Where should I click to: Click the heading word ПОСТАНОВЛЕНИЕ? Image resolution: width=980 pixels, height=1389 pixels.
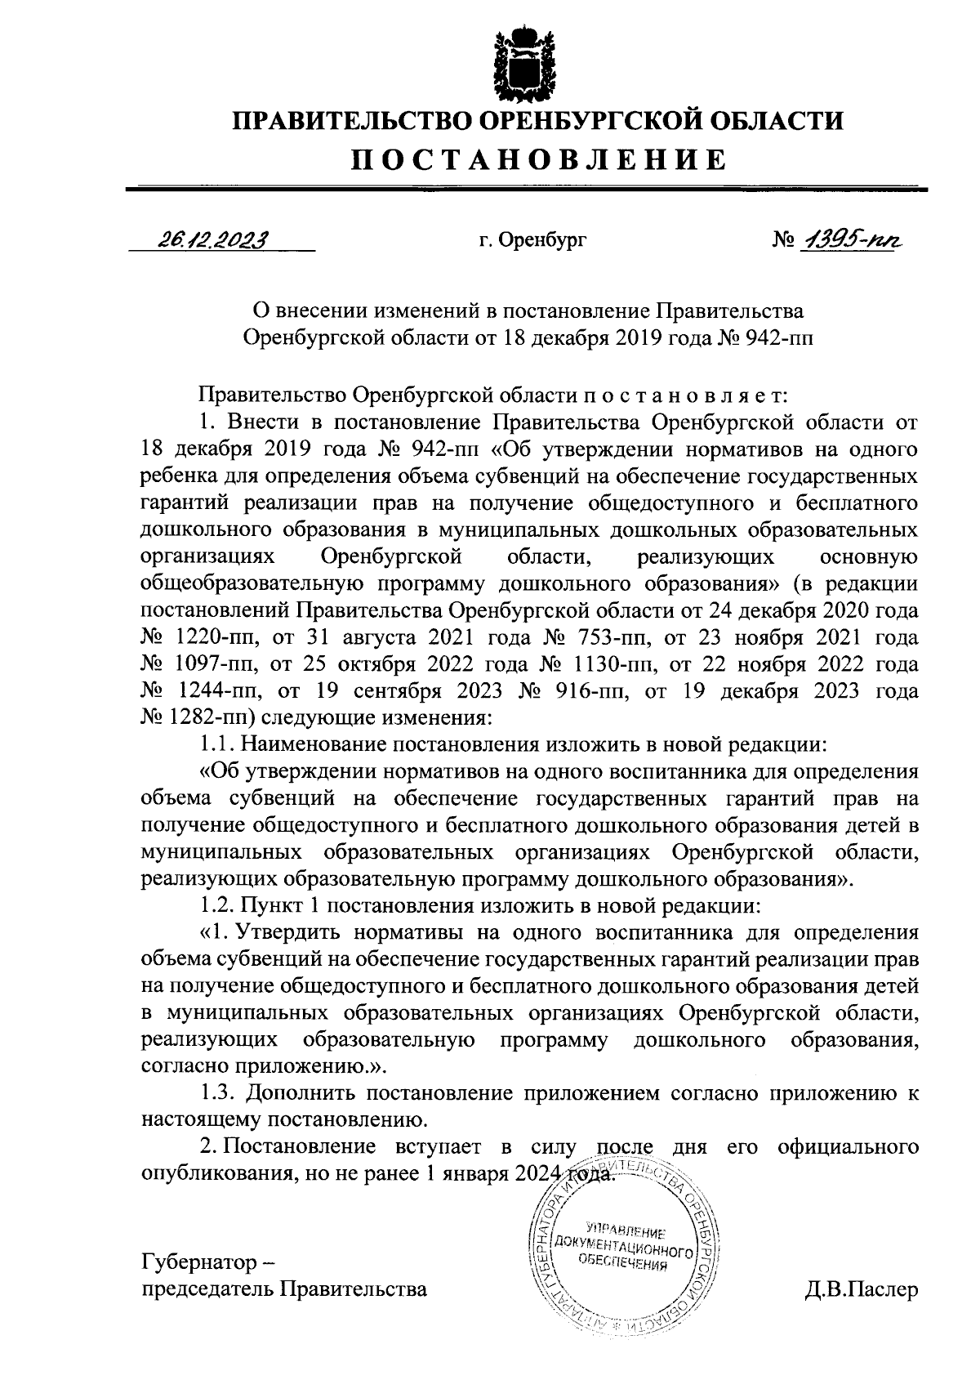[538, 159]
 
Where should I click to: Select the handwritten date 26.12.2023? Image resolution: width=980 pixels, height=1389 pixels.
[212, 239]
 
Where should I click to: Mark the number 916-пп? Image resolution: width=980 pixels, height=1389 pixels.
[586, 691]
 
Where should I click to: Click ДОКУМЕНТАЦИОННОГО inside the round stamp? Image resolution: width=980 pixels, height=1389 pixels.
[624, 1244]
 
